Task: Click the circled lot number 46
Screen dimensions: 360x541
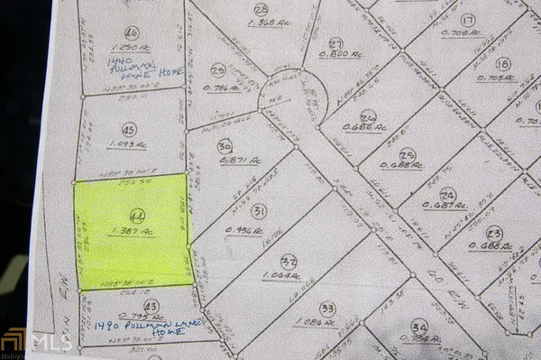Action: (x=132, y=31)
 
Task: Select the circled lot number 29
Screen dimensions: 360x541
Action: (x=216, y=70)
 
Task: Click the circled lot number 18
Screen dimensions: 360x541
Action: (x=503, y=63)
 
